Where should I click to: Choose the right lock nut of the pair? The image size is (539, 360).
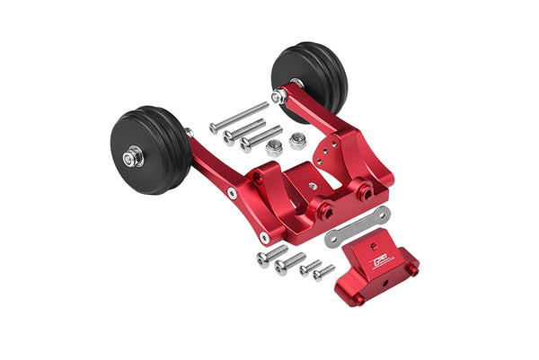click(296, 141)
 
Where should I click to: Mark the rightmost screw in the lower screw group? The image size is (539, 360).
click(324, 272)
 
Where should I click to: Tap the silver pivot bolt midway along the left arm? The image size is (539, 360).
click(232, 193)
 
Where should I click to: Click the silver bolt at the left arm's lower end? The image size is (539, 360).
click(264, 238)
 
